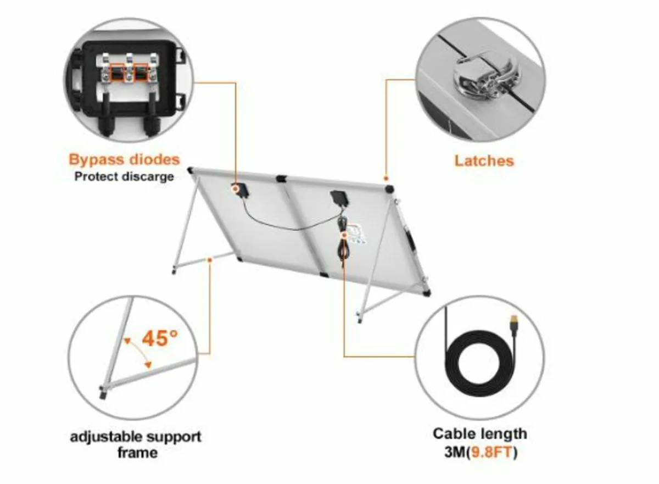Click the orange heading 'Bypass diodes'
pos(124,160)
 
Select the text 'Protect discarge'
pos(124,176)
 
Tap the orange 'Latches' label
pos(484,161)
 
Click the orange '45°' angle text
pos(160,338)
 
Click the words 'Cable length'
pos(480,434)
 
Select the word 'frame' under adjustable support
pos(137,453)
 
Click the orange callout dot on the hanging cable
pos(344,235)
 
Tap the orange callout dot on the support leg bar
pos(209,260)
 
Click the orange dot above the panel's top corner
pos(386,179)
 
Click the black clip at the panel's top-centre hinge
pos(281,179)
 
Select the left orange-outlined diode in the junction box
pos(117,72)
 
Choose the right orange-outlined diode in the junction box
pos(141,72)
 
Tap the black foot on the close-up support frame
pos(103,393)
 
